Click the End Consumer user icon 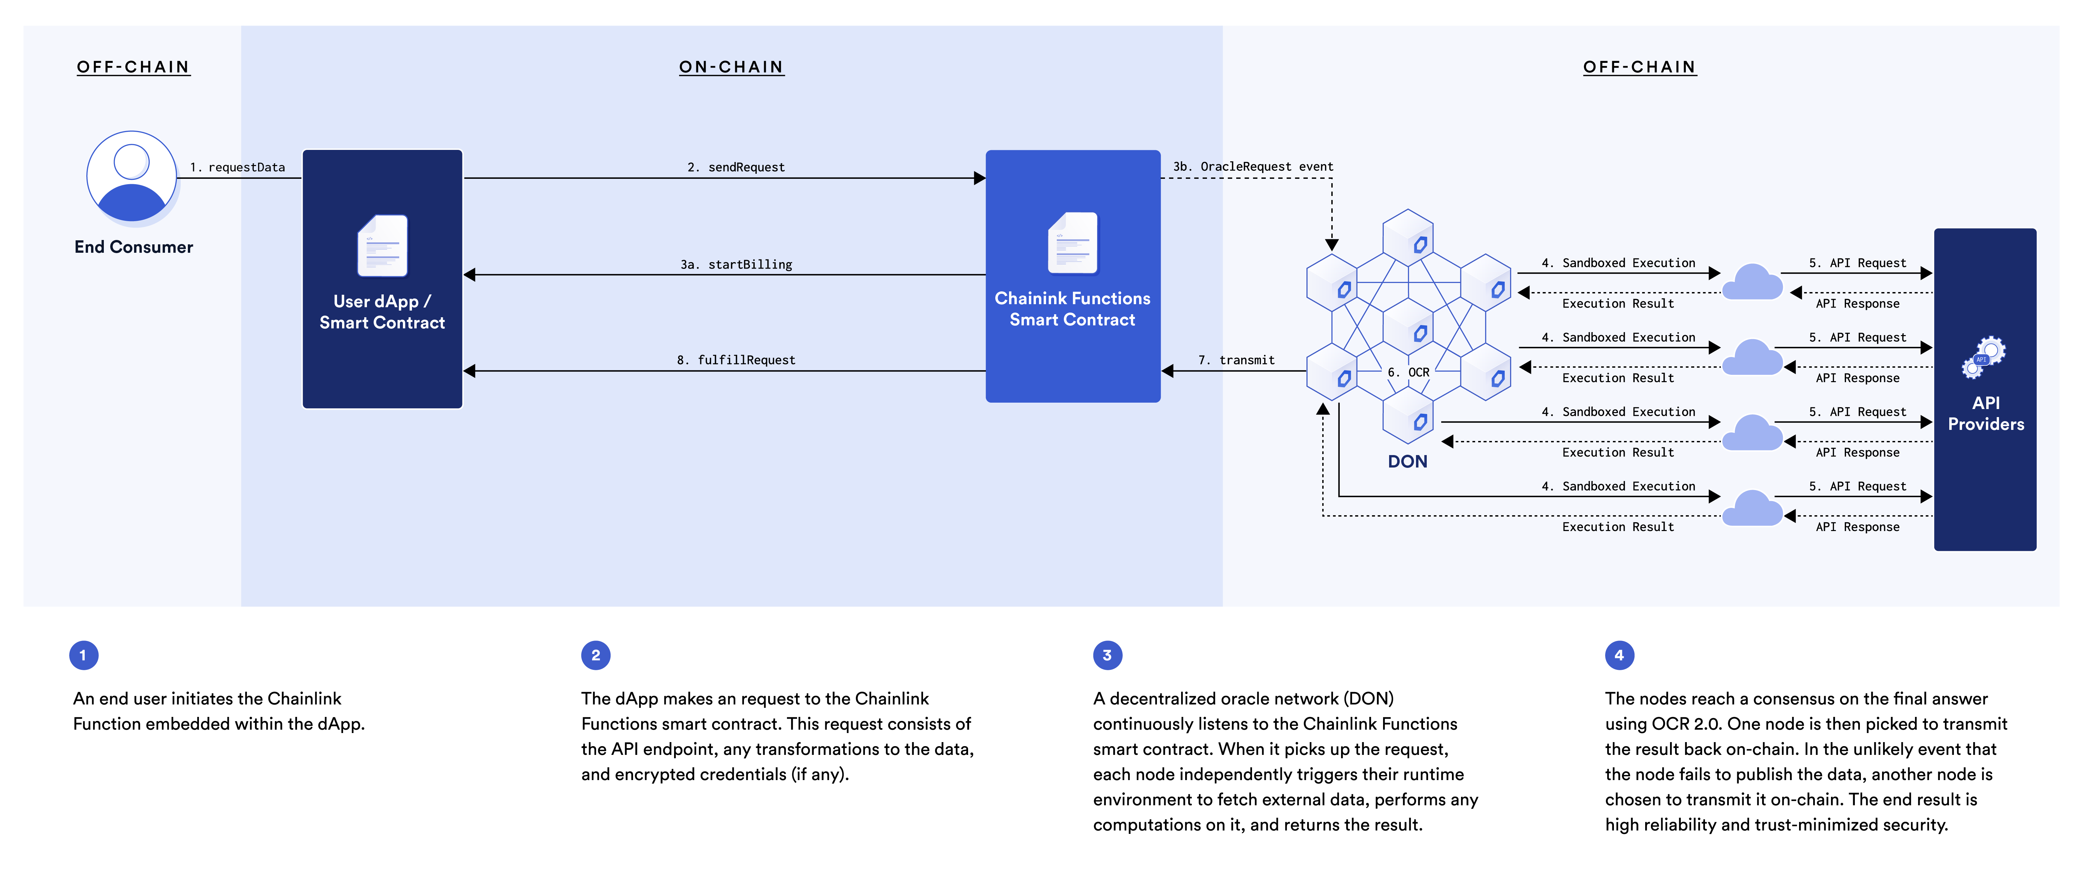click(132, 176)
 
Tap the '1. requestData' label click(238, 167)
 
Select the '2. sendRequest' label click(736, 167)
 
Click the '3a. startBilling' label click(736, 265)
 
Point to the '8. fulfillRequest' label click(736, 360)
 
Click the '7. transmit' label click(1236, 360)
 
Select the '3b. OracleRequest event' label click(1253, 167)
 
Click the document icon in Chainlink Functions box click(1073, 243)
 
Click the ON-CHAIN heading click(731, 67)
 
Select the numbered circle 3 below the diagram click(1107, 655)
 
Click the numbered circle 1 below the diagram click(83, 655)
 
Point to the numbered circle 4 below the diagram click(1619, 655)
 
